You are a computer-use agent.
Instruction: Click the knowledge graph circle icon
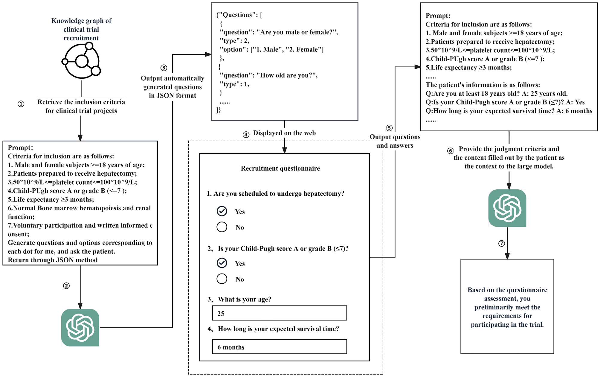[82, 61]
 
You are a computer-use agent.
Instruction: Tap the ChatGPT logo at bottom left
[80, 328]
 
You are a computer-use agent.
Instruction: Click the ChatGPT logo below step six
[507, 208]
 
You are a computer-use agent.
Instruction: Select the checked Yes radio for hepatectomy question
[222, 211]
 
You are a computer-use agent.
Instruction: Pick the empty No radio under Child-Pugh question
[222, 279]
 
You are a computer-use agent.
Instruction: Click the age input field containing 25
[279, 313]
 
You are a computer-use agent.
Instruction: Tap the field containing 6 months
[279, 347]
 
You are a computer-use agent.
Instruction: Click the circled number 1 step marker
[21, 104]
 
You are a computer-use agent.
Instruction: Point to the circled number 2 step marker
[66, 286]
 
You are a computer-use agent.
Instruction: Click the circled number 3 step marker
[164, 68]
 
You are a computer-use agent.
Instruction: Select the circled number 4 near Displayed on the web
[246, 135]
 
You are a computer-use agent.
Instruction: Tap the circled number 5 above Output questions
[389, 128]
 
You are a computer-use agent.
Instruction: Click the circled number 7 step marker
[502, 244]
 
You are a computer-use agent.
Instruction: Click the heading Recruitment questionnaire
[280, 168]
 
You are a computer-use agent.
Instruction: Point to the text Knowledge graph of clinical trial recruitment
[81, 29]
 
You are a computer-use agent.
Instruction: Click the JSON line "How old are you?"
[268, 75]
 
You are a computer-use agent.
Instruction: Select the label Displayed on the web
[284, 133]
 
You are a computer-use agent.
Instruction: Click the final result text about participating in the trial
[507, 307]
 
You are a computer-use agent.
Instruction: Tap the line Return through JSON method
[53, 260]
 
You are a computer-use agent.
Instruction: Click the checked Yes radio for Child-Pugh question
[222, 263]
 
